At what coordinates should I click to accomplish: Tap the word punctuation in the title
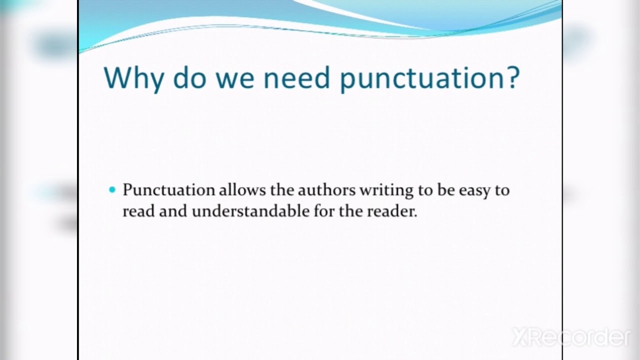point(422,78)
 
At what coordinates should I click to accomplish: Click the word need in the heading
point(297,77)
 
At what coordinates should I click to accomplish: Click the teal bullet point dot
point(112,189)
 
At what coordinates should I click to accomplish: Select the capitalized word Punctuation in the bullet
point(168,190)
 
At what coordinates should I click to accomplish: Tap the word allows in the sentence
point(242,190)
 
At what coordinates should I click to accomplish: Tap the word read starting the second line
point(138,211)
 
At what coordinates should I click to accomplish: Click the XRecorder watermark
point(571,337)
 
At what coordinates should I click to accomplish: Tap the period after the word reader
point(415,215)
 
